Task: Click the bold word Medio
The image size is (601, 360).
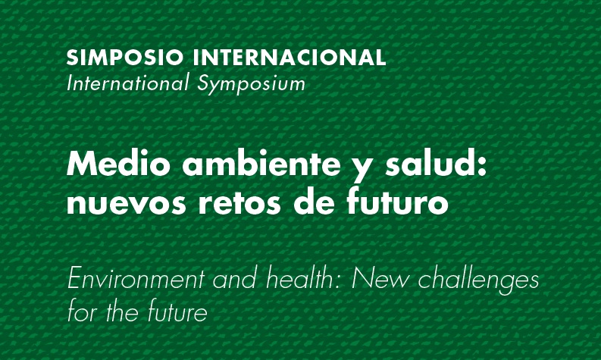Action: tap(110, 165)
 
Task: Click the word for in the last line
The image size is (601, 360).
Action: tap(81, 311)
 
